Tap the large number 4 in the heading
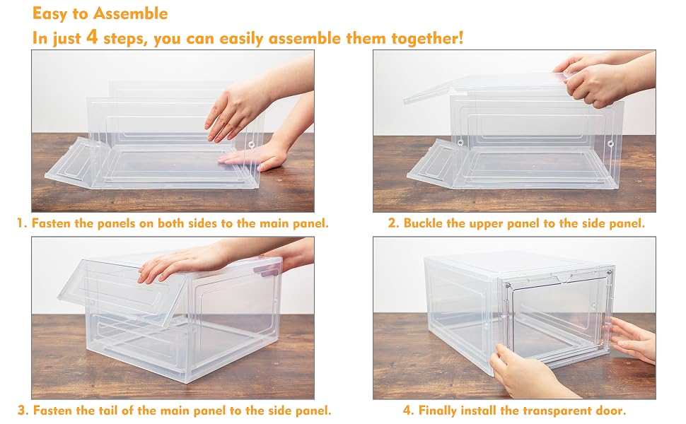coord(91,36)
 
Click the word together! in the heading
coord(427,38)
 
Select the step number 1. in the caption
coord(22,223)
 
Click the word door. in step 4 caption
coord(611,411)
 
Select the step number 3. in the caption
coord(23,411)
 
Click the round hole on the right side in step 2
coord(610,144)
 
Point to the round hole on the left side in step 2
coord(460,142)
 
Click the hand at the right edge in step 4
coord(632,338)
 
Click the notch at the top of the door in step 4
coord(563,277)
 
